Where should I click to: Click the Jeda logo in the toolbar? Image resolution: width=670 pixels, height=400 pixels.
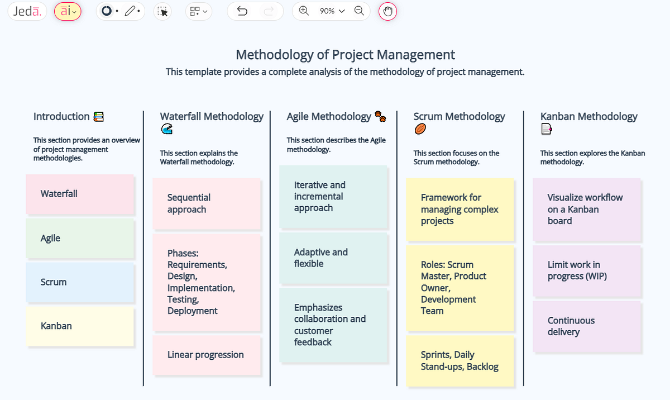pos(27,11)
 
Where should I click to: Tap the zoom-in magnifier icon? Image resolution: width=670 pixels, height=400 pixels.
pos(304,11)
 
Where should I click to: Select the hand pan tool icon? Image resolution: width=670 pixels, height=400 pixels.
pos(387,11)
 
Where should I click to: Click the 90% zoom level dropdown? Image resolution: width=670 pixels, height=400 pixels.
pos(332,11)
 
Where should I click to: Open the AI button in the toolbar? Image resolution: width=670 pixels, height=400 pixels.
pos(68,11)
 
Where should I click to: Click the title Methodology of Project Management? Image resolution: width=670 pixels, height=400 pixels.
pos(345,55)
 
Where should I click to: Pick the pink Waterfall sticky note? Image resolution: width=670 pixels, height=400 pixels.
pos(80,194)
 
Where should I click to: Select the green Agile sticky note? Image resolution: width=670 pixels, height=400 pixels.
pos(80,239)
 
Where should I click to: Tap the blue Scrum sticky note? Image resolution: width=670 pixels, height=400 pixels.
pos(80,282)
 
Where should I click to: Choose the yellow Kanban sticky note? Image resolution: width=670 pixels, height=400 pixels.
pos(80,326)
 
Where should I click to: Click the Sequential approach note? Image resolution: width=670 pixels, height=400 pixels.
pos(207,204)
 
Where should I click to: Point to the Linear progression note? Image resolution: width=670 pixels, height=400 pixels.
pos(207,355)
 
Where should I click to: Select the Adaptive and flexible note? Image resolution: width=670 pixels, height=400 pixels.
pos(333,258)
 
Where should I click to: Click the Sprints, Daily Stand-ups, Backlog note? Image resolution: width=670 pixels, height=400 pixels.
pos(460,361)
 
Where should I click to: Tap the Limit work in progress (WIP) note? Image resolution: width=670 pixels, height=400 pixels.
pos(587,270)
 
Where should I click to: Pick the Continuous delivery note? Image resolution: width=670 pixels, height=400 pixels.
pos(587,326)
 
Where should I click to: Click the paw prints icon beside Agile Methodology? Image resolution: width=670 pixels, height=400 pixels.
pos(380,116)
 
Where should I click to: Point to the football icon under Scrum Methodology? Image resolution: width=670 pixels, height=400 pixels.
pos(420,129)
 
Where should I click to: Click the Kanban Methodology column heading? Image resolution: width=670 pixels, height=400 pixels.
pos(588,117)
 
